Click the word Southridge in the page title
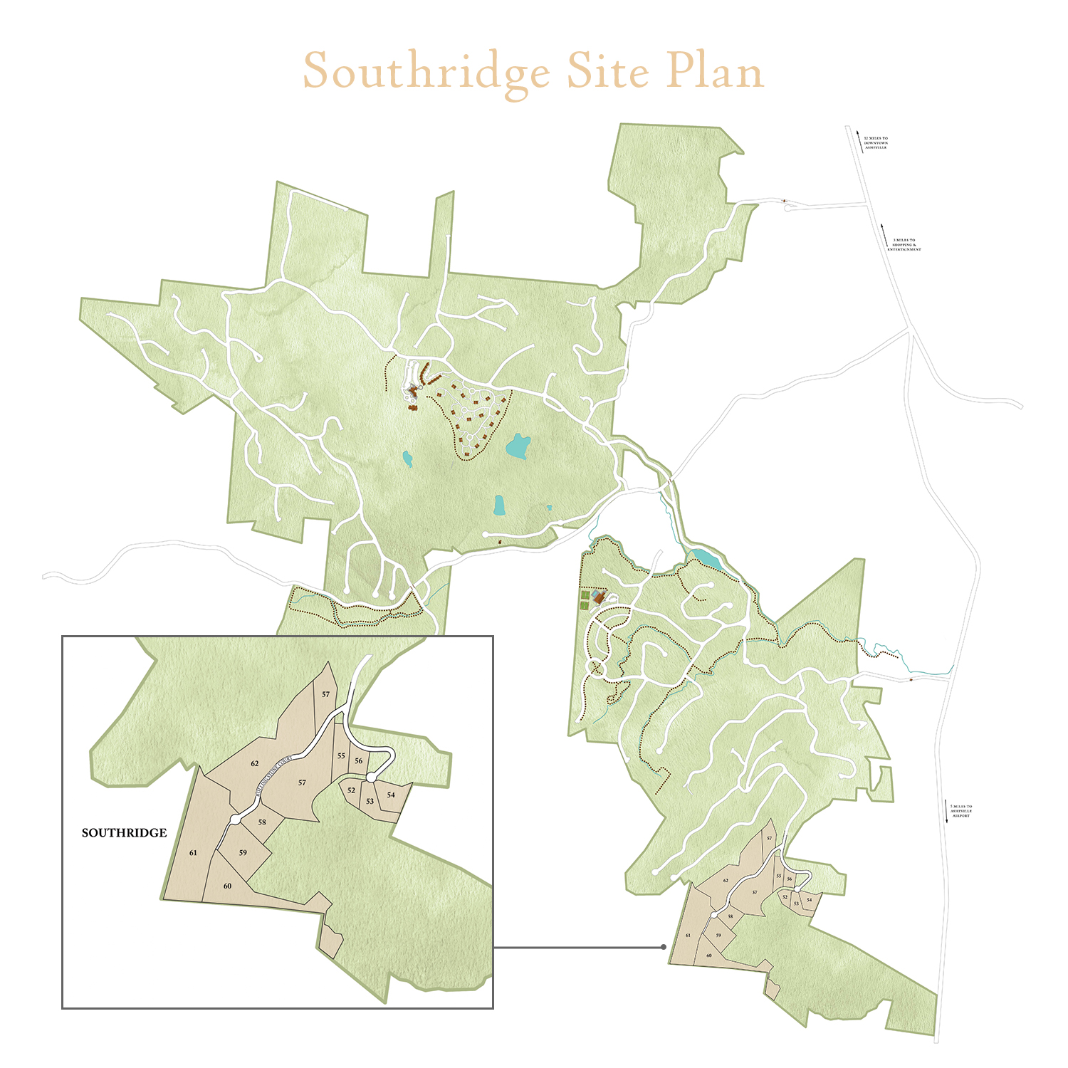[426, 72]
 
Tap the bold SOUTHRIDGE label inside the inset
[124, 832]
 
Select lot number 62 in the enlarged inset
[255, 764]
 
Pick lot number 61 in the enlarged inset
[193, 852]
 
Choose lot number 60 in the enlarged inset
[227, 886]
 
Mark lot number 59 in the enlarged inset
[243, 852]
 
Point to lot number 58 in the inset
[262, 822]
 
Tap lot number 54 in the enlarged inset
[391, 795]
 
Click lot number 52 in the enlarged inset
[351, 790]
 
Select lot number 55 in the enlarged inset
[341, 756]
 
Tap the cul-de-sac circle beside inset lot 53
[371, 777]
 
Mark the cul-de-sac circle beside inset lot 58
[235, 820]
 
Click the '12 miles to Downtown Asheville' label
[875, 143]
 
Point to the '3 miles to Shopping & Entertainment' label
[904, 245]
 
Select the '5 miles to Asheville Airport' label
[960, 811]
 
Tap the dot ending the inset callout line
[664, 947]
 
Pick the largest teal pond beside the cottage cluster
[518, 447]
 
